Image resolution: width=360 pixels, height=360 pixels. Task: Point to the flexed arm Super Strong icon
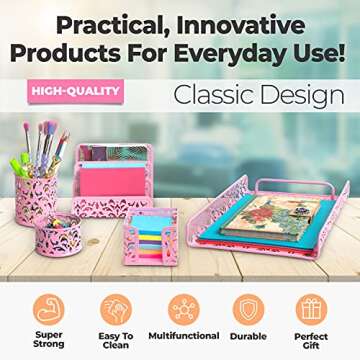49,307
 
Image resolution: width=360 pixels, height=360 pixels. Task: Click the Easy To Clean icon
115,307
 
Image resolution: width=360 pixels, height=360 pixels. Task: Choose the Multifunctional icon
182,307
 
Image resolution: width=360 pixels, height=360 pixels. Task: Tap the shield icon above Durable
247,307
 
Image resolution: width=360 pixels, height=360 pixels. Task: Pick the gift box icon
311,307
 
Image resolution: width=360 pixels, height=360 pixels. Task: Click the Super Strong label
49,341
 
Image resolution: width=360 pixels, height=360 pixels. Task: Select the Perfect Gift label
311,341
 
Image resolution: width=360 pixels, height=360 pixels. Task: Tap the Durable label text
247,336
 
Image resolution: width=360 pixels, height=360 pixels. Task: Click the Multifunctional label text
182,336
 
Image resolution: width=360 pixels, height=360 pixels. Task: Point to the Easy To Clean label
115,341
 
